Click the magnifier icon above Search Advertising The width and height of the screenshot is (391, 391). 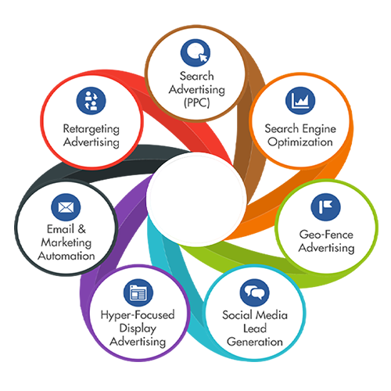(x=195, y=53)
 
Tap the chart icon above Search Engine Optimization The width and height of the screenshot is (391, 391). (x=300, y=101)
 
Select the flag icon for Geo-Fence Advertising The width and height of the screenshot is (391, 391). (x=325, y=207)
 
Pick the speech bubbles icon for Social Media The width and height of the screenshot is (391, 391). (x=255, y=292)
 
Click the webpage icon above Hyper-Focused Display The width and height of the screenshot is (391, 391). (x=138, y=292)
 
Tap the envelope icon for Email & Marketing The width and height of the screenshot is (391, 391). (x=66, y=207)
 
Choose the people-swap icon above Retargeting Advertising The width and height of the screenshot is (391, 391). (x=91, y=101)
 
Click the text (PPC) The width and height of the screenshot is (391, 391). (x=197, y=103)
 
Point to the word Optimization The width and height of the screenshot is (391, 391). (x=300, y=142)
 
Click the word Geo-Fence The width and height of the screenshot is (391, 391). (x=326, y=235)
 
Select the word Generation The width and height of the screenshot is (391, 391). (x=255, y=342)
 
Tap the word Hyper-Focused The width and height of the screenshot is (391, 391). (x=138, y=315)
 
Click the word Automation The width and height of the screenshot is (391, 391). (x=66, y=256)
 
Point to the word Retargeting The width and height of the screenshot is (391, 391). (x=91, y=130)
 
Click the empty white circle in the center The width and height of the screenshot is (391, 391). (x=196, y=199)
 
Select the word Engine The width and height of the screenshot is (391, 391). (x=319, y=129)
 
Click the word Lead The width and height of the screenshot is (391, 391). (x=255, y=328)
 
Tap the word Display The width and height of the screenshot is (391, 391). (x=138, y=328)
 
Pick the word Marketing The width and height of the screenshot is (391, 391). (x=66, y=243)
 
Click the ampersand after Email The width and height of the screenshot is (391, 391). (x=81, y=229)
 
